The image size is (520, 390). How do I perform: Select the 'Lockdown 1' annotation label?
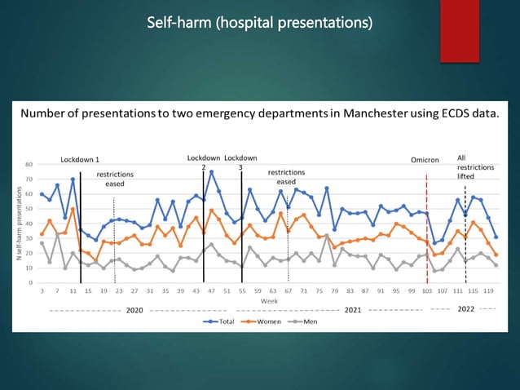coord(80,159)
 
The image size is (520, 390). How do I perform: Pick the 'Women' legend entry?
coord(260,321)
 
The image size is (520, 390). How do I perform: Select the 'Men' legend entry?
coord(305,321)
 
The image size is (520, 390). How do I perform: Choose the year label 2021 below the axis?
coord(352,310)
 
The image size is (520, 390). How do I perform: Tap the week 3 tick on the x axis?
coord(42,290)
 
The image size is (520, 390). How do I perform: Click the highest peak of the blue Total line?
coord(212,172)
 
